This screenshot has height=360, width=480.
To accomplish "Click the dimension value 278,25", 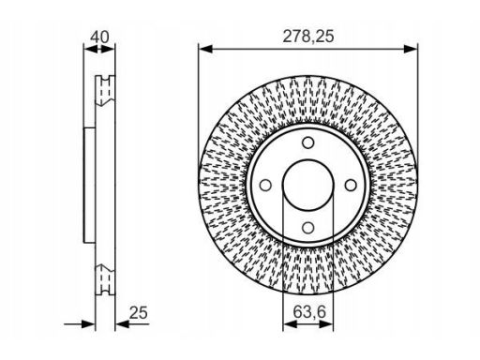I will coord(308,37).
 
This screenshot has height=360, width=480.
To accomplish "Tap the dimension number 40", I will coord(97,37).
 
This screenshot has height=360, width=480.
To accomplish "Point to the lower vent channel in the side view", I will coord(105,278).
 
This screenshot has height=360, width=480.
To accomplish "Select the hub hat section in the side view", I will coord(89,184).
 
